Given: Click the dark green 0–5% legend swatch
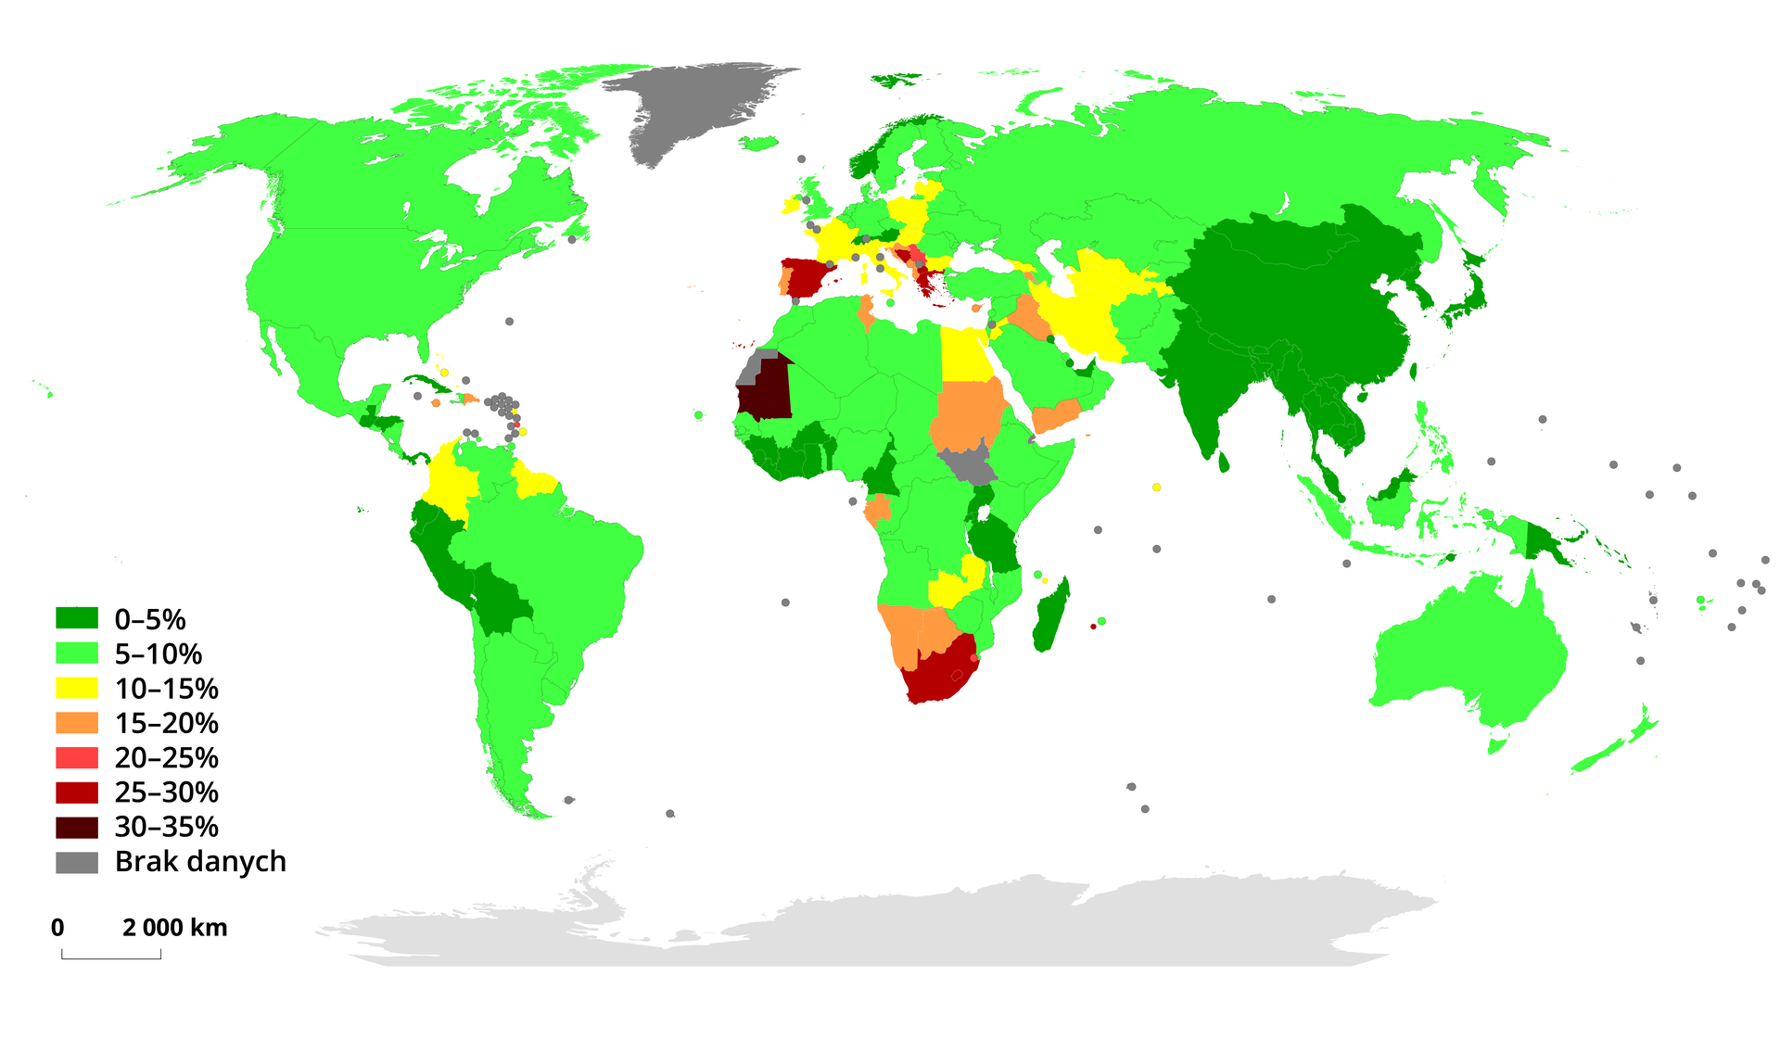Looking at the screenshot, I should [x=76, y=618].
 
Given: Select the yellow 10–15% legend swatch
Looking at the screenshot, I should [x=76, y=688].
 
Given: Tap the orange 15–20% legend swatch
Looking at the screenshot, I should [x=76, y=723].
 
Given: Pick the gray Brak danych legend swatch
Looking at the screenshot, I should [x=76, y=862].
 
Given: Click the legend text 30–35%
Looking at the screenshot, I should [x=167, y=827].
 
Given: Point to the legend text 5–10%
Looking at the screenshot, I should [x=159, y=654].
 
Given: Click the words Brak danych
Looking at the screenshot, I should [x=200, y=862].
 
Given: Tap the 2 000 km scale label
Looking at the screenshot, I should [x=175, y=928].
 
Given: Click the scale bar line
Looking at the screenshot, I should [x=111, y=957].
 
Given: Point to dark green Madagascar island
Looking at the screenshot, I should [x=1052, y=616].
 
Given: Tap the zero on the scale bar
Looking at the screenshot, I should [x=57, y=928].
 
